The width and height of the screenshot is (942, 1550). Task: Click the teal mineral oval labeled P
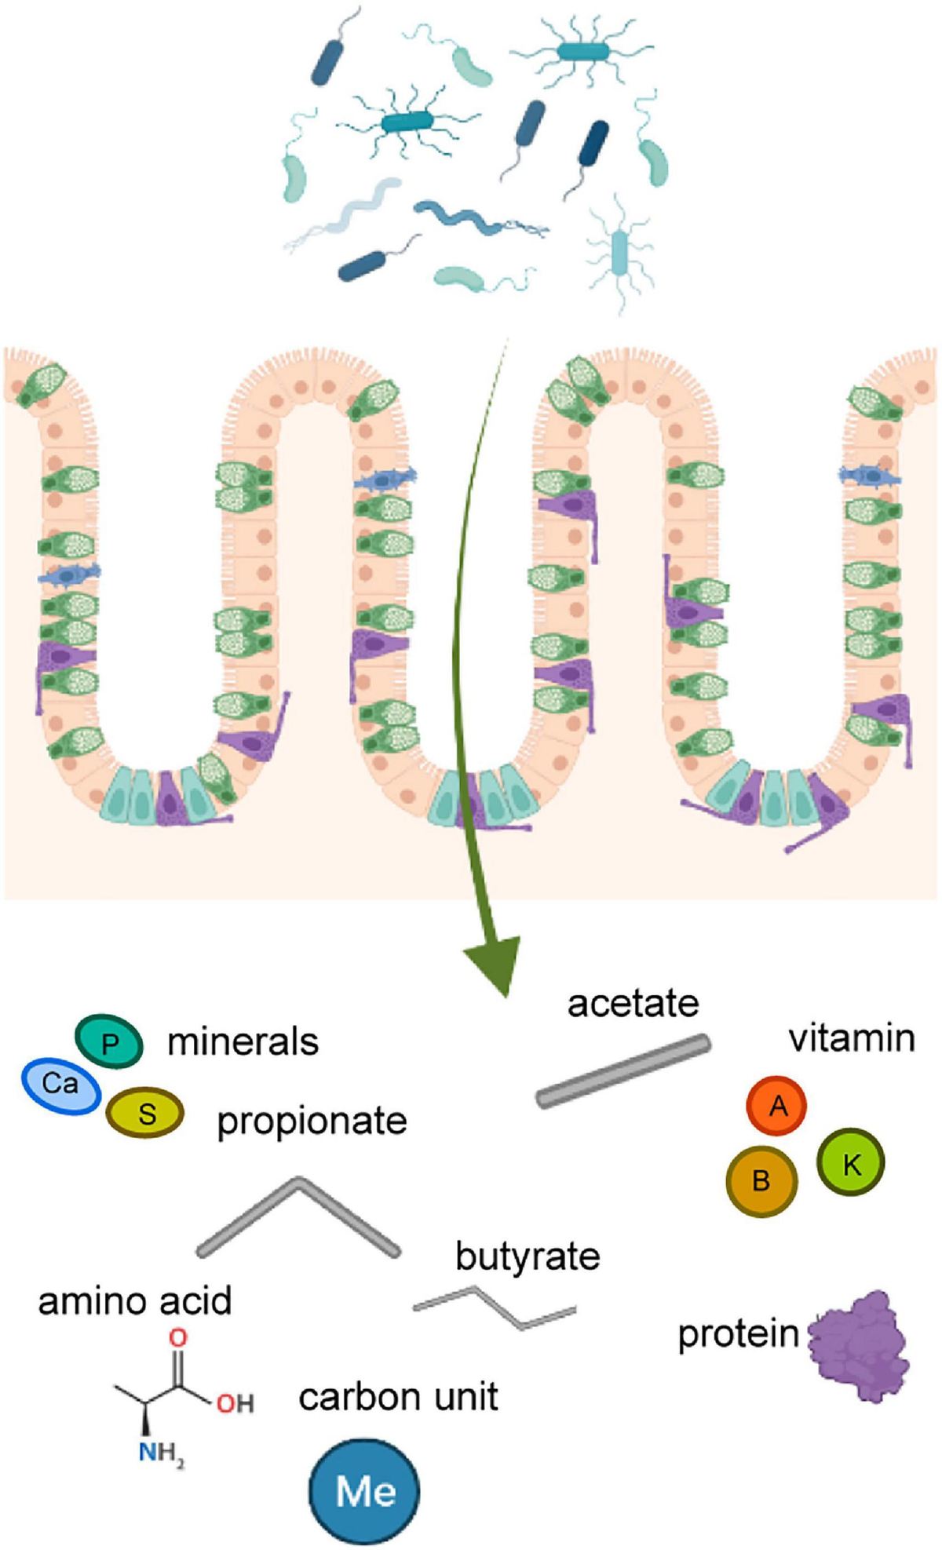(109, 1042)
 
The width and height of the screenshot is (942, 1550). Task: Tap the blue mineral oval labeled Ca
(60, 1085)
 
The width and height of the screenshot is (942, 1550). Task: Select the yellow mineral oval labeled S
(145, 1113)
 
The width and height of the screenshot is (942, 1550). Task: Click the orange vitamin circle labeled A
(776, 1106)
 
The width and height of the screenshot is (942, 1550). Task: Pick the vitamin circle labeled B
(761, 1180)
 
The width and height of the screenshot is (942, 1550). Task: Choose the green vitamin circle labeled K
(851, 1163)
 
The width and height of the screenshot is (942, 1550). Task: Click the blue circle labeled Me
(364, 1490)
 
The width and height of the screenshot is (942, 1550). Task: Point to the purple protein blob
(860, 1347)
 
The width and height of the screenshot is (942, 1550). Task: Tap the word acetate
(633, 1004)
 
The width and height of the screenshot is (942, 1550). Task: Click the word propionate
(312, 1121)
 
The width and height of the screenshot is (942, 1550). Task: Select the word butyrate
(528, 1256)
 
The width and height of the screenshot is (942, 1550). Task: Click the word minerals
(243, 1042)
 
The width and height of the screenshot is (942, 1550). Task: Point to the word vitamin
(852, 1038)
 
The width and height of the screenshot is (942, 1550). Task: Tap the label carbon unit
(398, 1397)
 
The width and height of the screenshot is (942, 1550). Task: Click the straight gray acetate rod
(623, 1071)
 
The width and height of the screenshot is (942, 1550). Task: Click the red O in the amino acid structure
(179, 1337)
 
